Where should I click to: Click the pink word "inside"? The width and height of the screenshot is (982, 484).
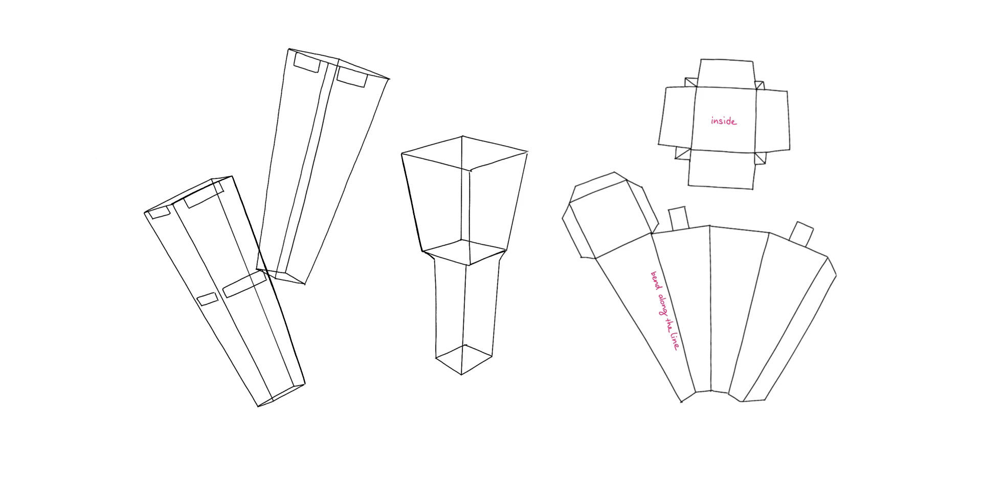click(724, 121)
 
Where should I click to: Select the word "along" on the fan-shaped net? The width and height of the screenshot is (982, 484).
click(662, 306)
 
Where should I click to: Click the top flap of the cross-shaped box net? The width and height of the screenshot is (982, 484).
click(726, 74)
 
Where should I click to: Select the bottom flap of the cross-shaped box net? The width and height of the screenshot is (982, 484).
click(722, 169)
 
